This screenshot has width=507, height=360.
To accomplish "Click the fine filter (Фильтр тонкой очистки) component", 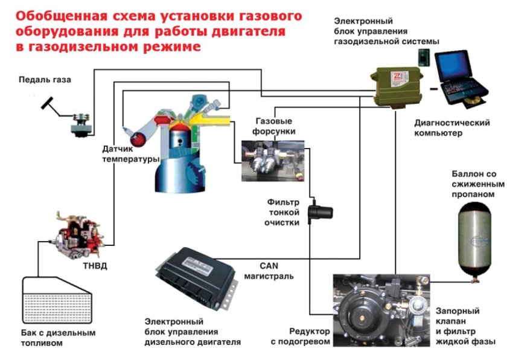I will coord(320,213).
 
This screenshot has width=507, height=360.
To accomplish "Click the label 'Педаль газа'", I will coord(41,79).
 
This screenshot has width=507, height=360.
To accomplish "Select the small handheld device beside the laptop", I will coord(423,56).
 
